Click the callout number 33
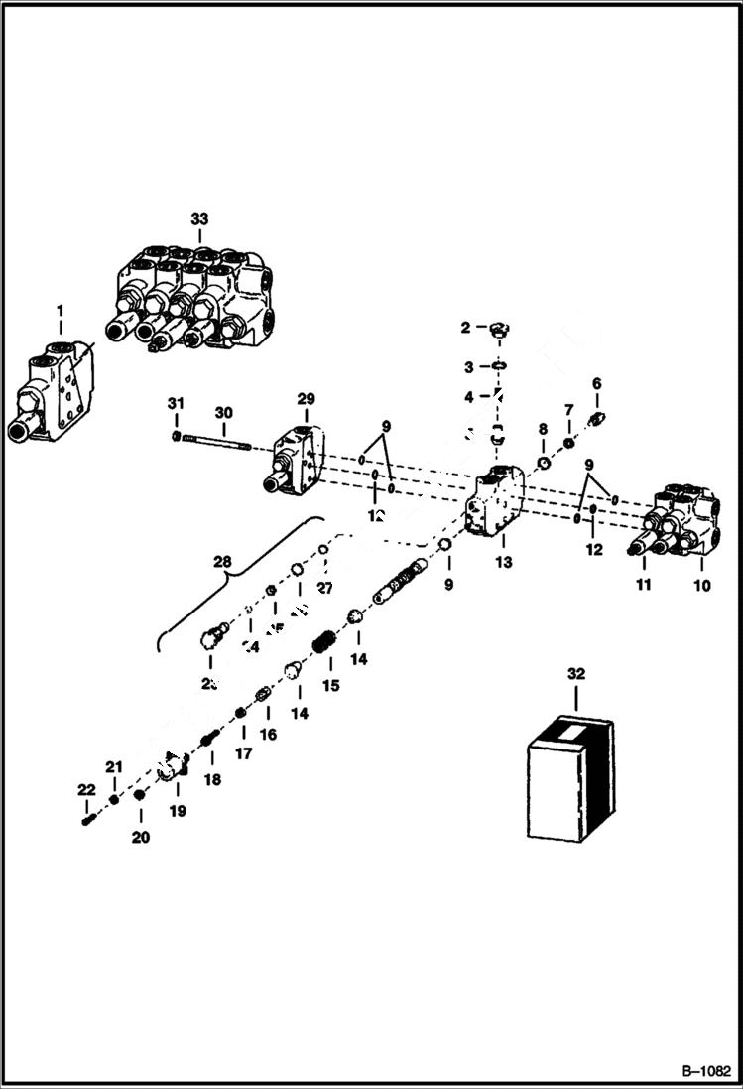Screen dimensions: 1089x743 point(199,218)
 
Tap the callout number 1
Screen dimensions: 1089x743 point(60,310)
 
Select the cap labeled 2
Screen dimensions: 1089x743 point(498,329)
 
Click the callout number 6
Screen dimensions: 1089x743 point(597,383)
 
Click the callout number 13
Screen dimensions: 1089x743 point(503,562)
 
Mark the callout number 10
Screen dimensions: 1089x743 point(701,585)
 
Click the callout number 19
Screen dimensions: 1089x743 point(177,811)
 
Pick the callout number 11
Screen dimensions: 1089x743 point(643,585)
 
